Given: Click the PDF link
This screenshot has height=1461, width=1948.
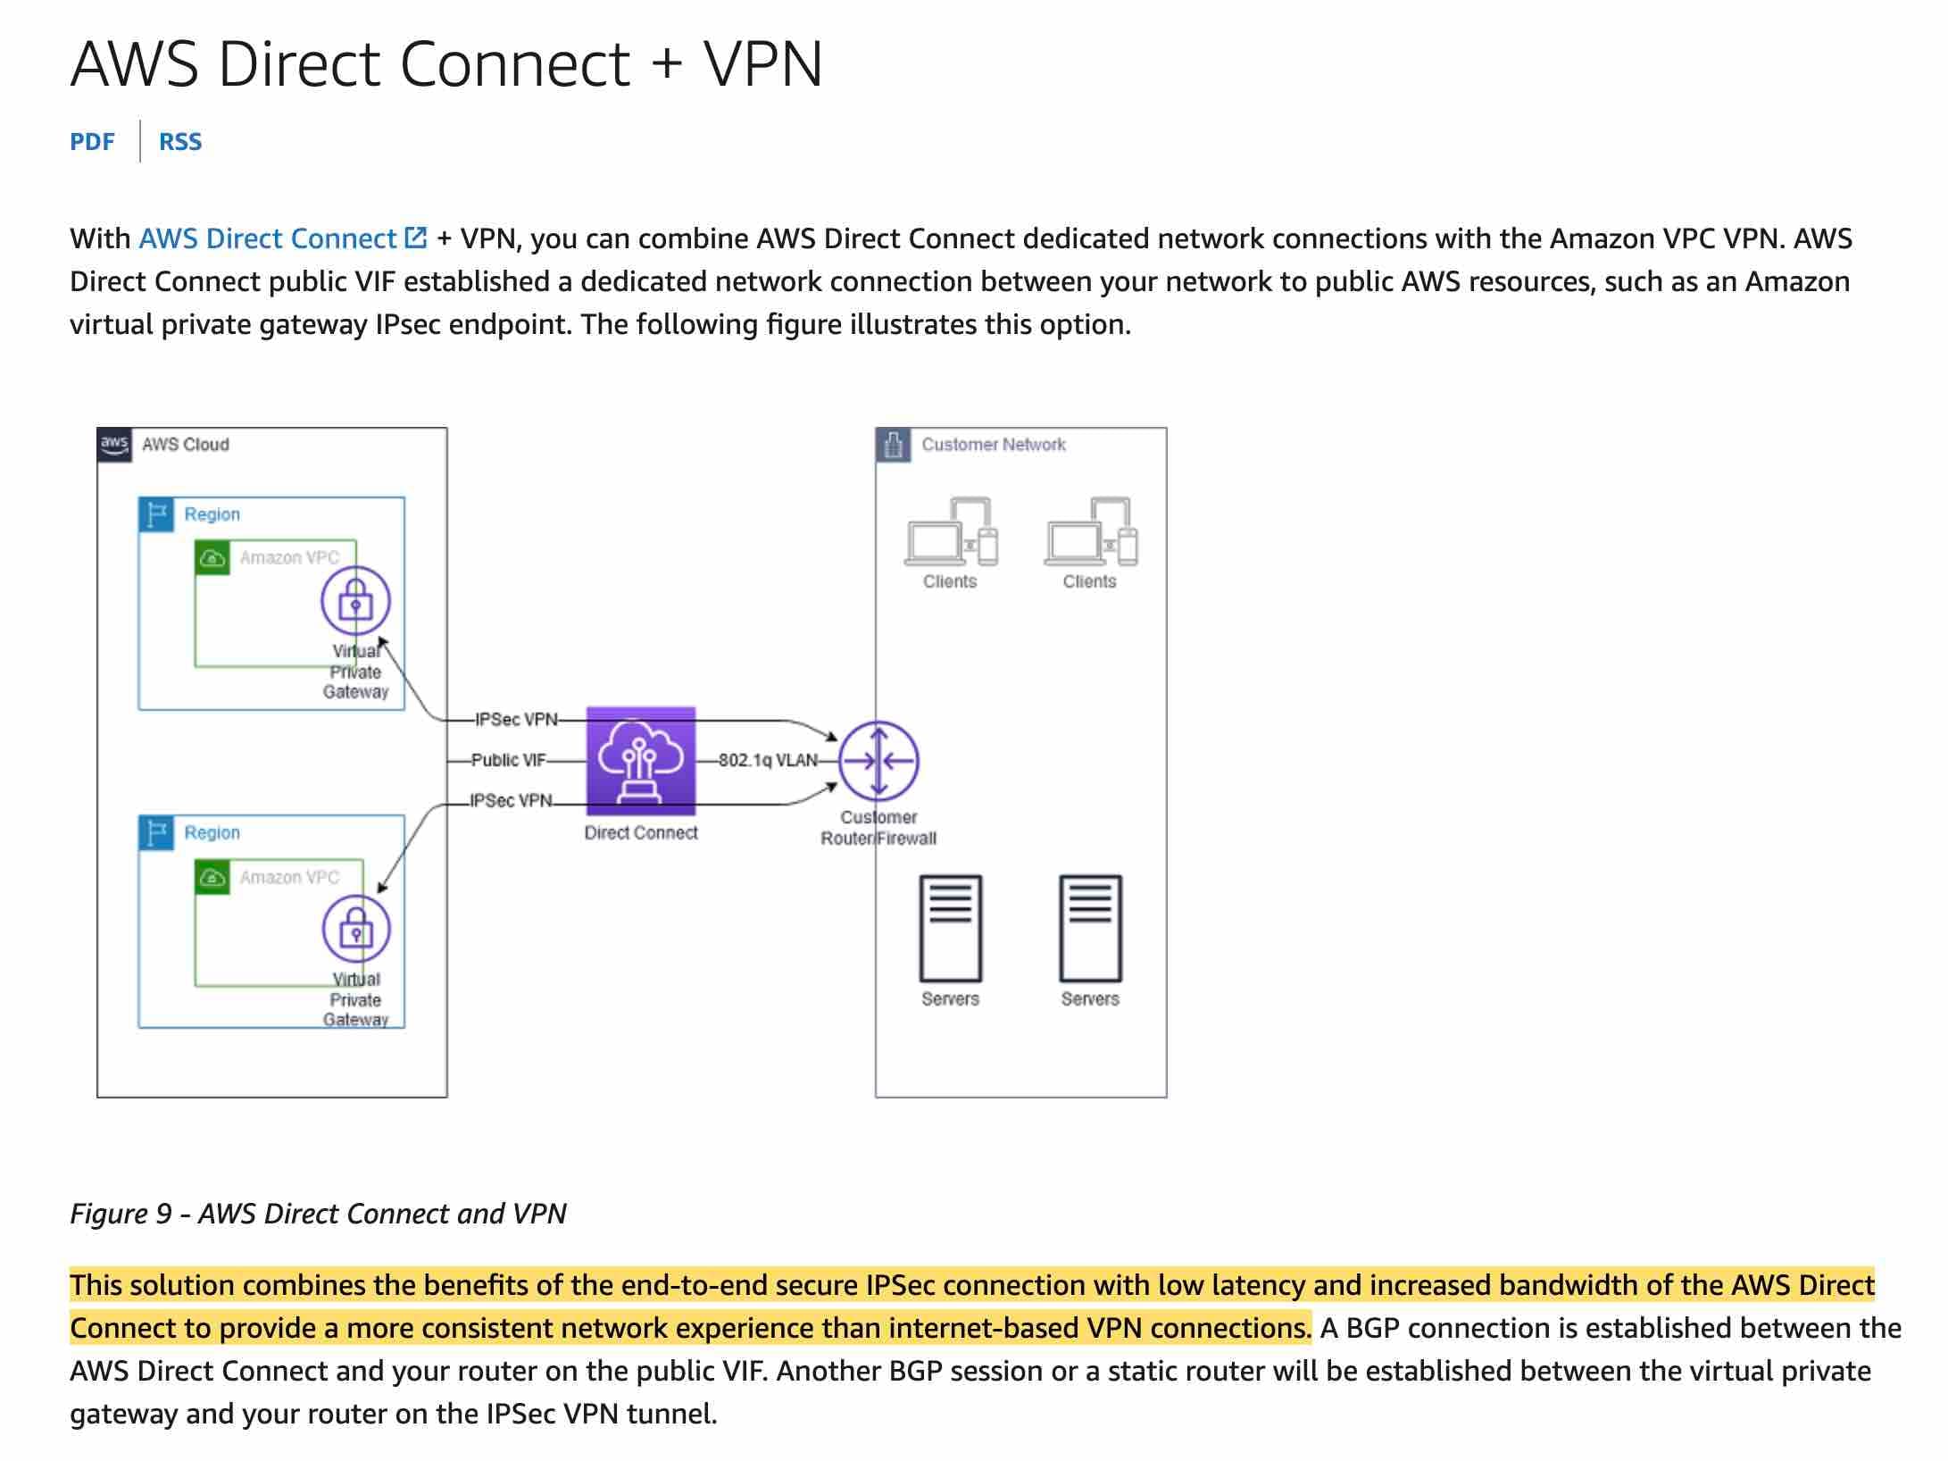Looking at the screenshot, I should pyautogui.click(x=92, y=142).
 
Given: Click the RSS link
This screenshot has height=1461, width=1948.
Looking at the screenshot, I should pyautogui.click(x=180, y=142).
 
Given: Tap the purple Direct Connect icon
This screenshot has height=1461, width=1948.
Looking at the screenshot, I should pyautogui.click(x=640, y=761).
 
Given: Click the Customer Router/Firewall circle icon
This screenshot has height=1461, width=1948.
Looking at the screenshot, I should pyautogui.click(x=878, y=761).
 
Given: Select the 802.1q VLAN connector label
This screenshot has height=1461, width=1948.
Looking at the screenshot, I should pyautogui.click(x=768, y=761).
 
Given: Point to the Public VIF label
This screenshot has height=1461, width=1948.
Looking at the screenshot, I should pyautogui.click(x=508, y=760).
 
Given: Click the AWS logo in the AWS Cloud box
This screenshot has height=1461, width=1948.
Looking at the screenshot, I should pyautogui.click(x=114, y=444).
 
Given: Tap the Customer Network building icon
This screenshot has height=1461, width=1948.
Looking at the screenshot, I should pyautogui.click(x=893, y=444).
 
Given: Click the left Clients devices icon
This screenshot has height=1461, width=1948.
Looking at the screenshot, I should pyautogui.click(x=951, y=532).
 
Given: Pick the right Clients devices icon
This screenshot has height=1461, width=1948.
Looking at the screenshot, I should pyautogui.click(x=1091, y=532).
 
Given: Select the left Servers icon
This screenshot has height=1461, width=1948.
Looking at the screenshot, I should pyautogui.click(x=951, y=929).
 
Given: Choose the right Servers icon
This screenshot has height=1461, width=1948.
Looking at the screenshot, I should pyautogui.click(x=1090, y=929).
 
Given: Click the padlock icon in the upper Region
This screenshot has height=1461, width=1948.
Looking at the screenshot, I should pyautogui.click(x=355, y=600).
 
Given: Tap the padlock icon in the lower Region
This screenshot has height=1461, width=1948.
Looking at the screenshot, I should pyautogui.click(x=356, y=929).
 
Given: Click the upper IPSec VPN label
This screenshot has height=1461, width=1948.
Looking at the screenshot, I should pyautogui.click(x=516, y=720).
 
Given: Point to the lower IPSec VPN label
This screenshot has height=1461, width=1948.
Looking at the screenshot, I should pyautogui.click(x=512, y=801).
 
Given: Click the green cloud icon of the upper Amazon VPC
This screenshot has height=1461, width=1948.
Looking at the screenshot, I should pyautogui.click(x=212, y=558).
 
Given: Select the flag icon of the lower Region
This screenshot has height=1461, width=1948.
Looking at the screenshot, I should pyautogui.click(x=156, y=832).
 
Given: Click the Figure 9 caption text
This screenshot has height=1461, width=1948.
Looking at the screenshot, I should pyautogui.click(x=318, y=1214).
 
